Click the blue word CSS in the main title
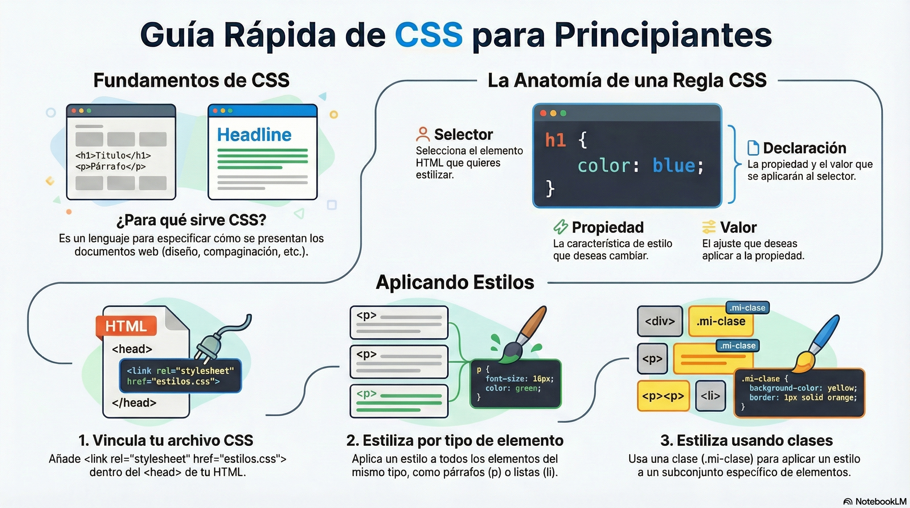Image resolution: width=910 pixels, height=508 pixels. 429,35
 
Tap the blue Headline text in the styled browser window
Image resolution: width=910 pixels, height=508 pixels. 254,135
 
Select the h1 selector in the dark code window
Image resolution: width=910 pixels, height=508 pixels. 555,140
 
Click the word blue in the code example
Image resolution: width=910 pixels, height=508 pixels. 674,165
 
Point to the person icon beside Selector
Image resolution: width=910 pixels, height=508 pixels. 423,134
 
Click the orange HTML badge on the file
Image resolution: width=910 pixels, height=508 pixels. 126,326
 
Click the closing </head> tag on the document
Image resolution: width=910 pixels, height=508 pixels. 134,403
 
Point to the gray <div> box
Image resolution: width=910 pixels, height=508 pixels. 660,321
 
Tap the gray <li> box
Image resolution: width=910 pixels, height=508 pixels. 710,396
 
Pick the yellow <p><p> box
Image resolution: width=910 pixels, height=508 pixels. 663,396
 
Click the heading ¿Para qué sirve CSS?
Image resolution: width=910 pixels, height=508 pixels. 191,220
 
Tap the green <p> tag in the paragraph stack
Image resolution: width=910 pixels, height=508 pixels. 366,394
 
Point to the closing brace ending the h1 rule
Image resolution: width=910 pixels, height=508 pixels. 550,188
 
